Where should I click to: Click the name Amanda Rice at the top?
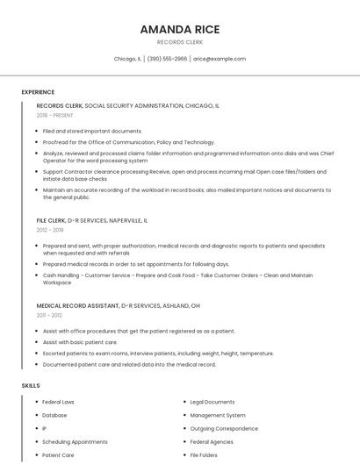pyautogui.click(x=180, y=29)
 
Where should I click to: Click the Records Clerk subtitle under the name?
pyautogui.click(x=180, y=41)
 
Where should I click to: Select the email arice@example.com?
pyautogui.click(x=220, y=59)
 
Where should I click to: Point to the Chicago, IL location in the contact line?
pyautogui.click(x=127, y=59)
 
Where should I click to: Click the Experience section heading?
pyautogui.click(x=38, y=92)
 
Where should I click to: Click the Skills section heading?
pyautogui.click(x=30, y=385)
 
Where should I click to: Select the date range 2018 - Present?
pyautogui.click(x=55, y=115)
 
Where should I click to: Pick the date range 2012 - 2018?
pyautogui.click(x=50, y=230)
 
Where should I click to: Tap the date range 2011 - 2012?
pyautogui.click(x=49, y=315)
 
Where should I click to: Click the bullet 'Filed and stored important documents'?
pyautogui.click(x=86, y=131)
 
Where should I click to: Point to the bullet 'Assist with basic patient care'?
pyautogui.click(x=80, y=342)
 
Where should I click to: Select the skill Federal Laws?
pyautogui.click(x=58, y=402)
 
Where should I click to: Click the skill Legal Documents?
pyautogui.click(x=212, y=402)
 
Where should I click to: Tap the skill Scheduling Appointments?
pyautogui.click(x=75, y=442)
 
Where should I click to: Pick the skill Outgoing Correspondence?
pyautogui.click(x=224, y=429)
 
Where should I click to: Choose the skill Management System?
pyautogui.click(x=218, y=415)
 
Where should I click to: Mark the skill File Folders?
pyautogui.click(x=205, y=455)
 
